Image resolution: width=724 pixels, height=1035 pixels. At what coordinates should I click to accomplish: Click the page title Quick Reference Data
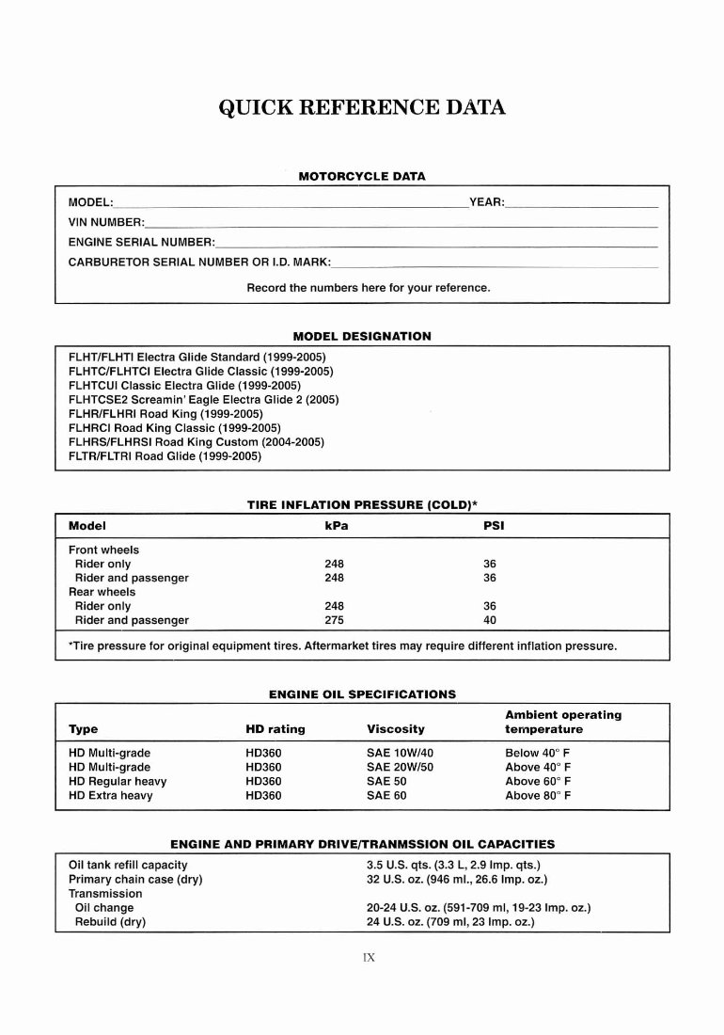[x=362, y=106]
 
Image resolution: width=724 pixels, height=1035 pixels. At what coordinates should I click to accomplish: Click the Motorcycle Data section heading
[x=361, y=176]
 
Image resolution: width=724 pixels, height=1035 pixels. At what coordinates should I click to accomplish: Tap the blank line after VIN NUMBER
[x=401, y=224]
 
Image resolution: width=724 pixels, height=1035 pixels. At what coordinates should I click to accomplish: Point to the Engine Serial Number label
[x=141, y=243]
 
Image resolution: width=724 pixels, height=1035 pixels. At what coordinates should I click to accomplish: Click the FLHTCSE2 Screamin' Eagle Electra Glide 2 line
[x=204, y=399]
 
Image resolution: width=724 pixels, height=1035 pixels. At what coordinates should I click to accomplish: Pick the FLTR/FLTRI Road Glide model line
[x=165, y=456]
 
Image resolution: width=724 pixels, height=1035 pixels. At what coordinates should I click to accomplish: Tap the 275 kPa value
[x=334, y=621]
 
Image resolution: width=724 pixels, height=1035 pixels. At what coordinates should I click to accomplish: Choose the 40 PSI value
[x=489, y=621]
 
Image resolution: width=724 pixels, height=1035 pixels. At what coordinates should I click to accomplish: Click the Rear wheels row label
[x=102, y=592]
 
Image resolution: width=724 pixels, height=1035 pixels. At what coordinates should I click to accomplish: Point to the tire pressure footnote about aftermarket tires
[x=343, y=646]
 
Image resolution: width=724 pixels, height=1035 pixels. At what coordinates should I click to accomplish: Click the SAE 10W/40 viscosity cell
[x=400, y=753]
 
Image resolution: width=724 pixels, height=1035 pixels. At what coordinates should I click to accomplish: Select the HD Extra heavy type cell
[x=111, y=795]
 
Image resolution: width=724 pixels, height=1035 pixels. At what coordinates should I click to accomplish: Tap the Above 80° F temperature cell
[x=538, y=795]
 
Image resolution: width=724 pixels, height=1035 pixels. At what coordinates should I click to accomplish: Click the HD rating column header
[x=275, y=729]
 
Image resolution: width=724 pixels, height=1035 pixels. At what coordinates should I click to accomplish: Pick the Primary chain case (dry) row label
[x=135, y=880]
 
